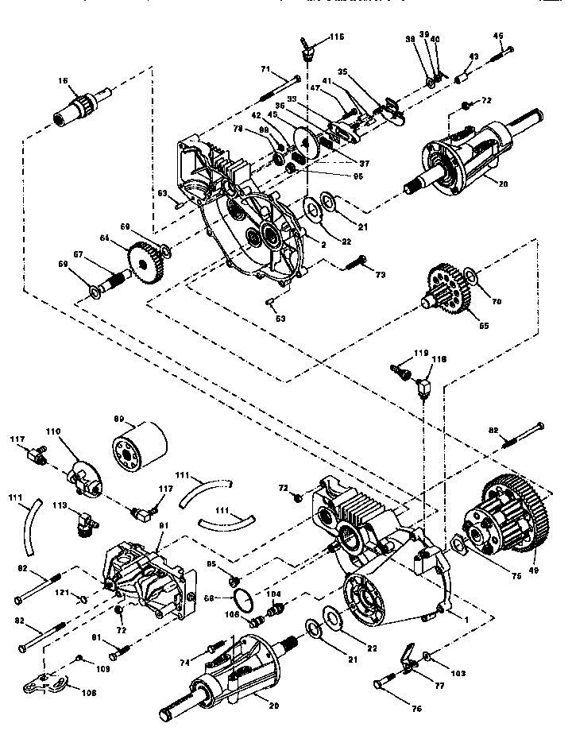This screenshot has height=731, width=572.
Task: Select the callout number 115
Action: pyautogui.click(x=338, y=37)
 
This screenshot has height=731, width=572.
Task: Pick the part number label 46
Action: pyautogui.click(x=499, y=36)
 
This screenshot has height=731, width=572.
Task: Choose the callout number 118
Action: pyautogui.click(x=437, y=360)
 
